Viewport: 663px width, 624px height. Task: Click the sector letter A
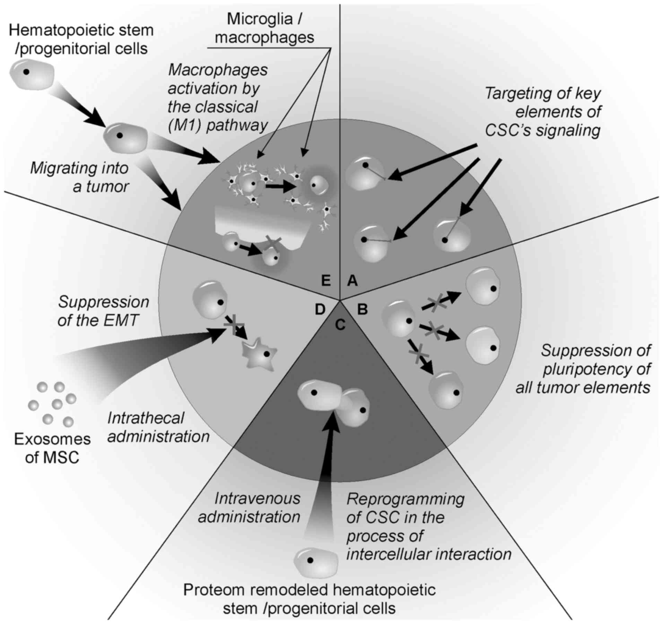pos(352,280)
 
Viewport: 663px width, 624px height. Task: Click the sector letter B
pos(362,309)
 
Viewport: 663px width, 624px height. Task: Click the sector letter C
pos(340,324)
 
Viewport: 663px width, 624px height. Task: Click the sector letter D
pos(320,309)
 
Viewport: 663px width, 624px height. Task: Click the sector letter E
pos(326,280)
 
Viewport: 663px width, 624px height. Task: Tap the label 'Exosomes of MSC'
pos(52,448)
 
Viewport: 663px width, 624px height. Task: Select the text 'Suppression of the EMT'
pos(103,311)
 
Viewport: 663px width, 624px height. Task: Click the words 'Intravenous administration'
pos(249,508)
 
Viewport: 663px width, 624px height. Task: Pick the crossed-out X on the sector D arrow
pos(234,324)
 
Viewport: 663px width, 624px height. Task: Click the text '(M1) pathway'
pos(218,125)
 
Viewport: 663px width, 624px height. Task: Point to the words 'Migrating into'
pos(79,168)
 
